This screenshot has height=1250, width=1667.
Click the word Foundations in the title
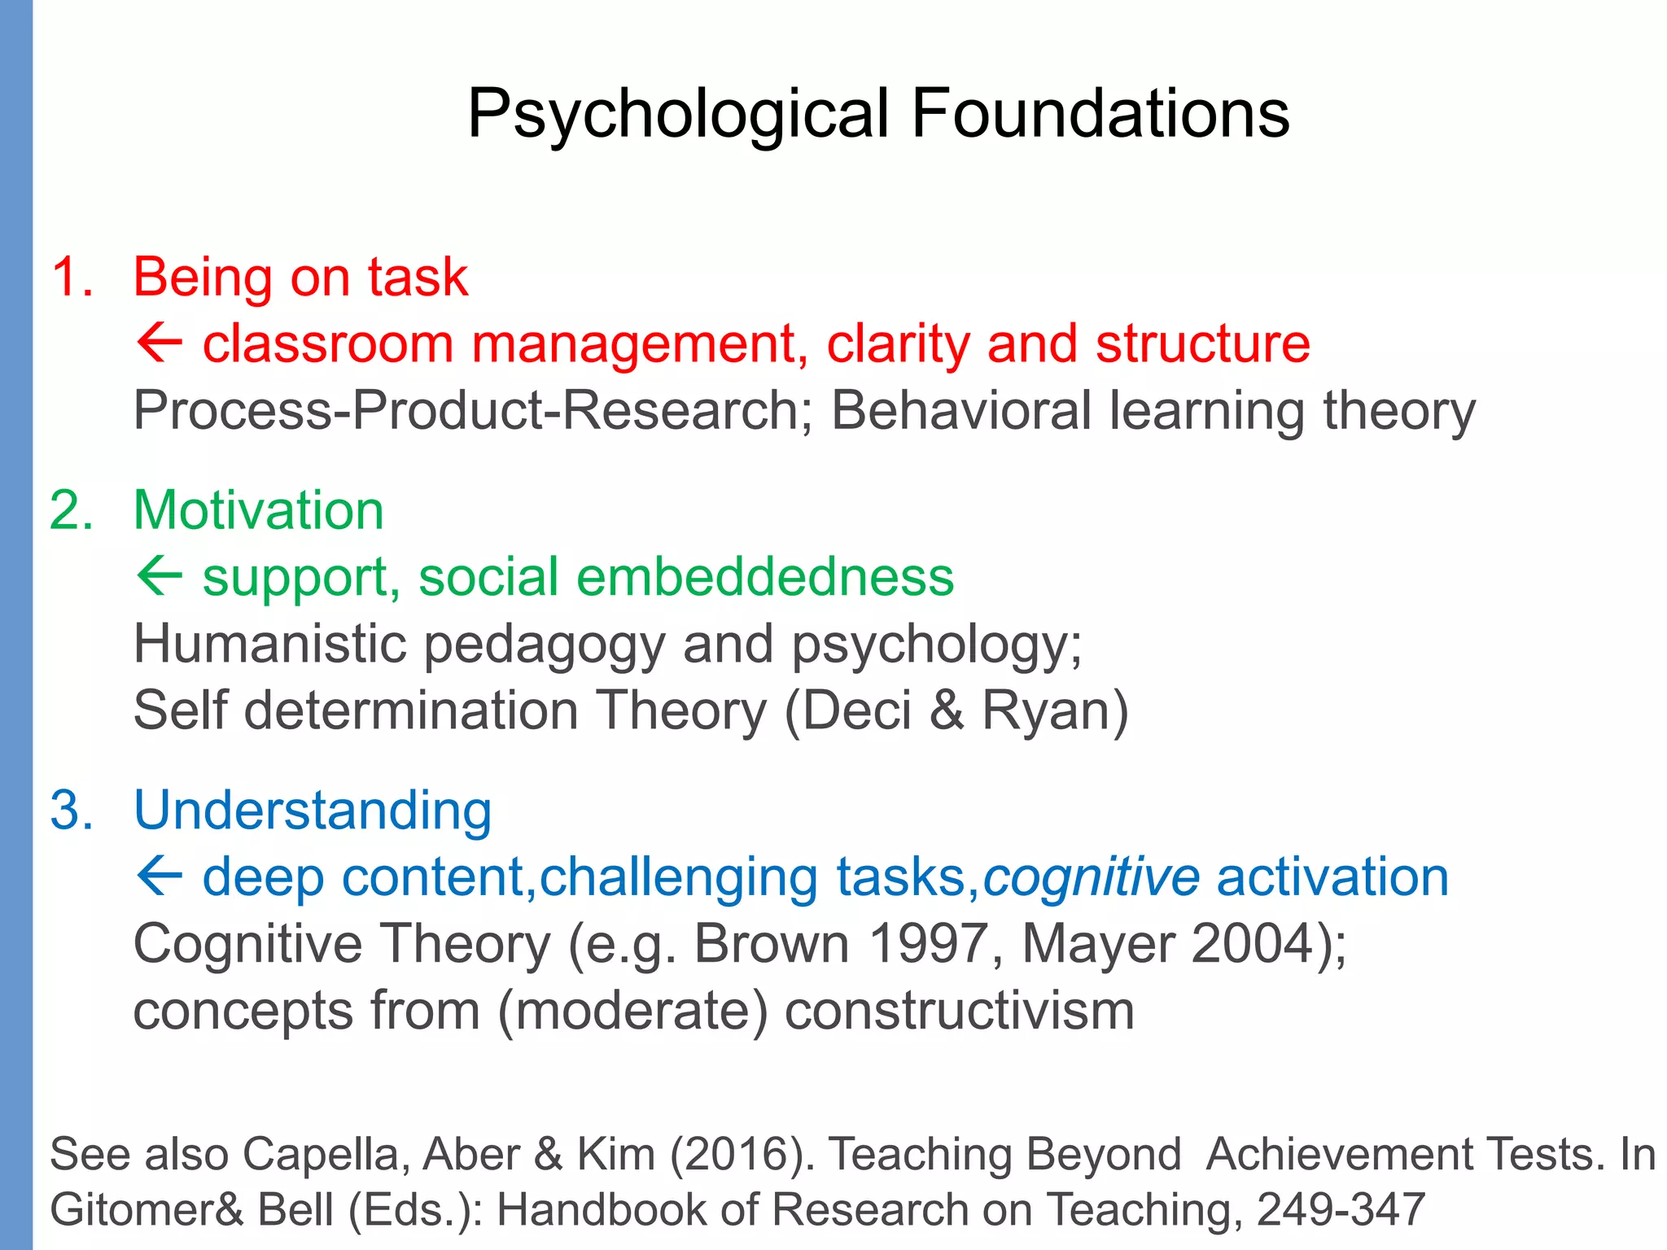(x=1100, y=114)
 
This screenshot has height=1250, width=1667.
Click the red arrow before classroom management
(x=159, y=343)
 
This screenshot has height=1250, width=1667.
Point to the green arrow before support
(x=159, y=576)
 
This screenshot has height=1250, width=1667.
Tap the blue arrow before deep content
(x=159, y=877)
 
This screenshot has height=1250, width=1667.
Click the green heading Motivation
(x=258, y=511)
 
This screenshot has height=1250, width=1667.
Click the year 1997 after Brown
(x=927, y=944)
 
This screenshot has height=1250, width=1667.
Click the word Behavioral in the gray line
(x=960, y=410)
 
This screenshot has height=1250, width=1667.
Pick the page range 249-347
(x=1341, y=1209)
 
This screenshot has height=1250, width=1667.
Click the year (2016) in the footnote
(x=740, y=1154)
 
